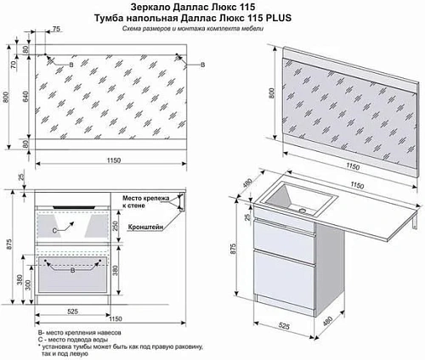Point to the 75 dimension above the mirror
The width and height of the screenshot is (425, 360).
(56, 30)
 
